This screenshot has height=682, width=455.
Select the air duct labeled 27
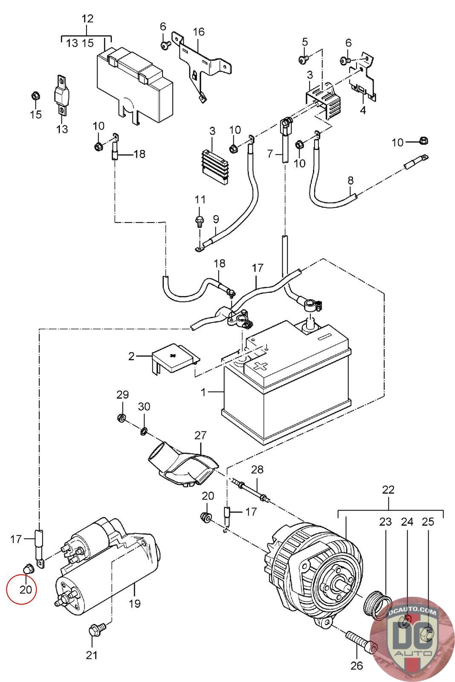point(181,467)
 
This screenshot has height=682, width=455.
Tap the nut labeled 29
point(122,418)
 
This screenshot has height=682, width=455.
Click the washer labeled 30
point(144,432)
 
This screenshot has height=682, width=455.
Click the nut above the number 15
point(36,96)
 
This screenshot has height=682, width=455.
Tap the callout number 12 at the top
point(87,19)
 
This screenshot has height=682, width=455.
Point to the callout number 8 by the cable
point(351,180)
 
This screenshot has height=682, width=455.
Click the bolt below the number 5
point(304,59)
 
